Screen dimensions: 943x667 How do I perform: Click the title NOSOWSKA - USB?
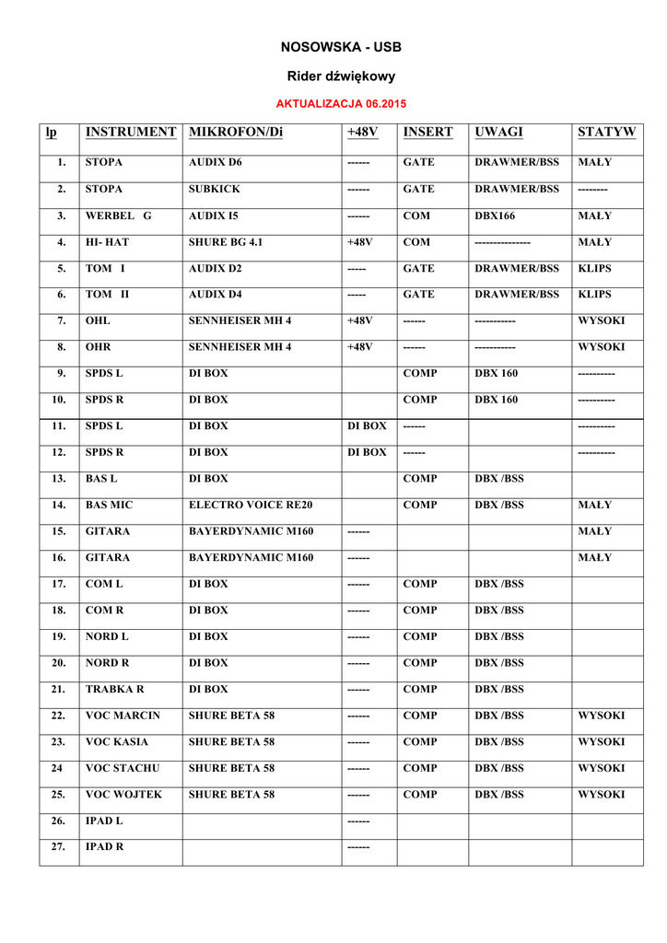pyautogui.click(x=341, y=46)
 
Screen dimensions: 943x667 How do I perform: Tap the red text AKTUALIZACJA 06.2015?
pyautogui.click(x=341, y=103)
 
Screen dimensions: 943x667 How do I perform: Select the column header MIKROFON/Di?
pyautogui.click(x=236, y=133)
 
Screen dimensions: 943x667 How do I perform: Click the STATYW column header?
pyautogui.click(x=606, y=133)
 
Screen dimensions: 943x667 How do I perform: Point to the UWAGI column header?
pyautogui.click(x=498, y=133)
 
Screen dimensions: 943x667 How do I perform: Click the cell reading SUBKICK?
pyautogui.click(x=215, y=190)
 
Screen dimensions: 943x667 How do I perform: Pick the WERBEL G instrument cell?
pyautogui.click(x=118, y=215)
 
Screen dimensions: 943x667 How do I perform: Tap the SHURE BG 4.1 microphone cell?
pyautogui.click(x=226, y=242)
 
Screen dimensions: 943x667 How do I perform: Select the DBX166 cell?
pyautogui.click(x=496, y=215)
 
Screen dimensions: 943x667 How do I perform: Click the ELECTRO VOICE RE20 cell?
pyautogui.click(x=250, y=505)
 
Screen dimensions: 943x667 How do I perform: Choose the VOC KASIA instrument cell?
pyautogui.click(x=117, y=741)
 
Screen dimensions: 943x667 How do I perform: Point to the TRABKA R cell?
pyautogui.click(x=115, y=689)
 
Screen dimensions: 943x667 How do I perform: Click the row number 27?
pyautogui.click(x=60, y=846)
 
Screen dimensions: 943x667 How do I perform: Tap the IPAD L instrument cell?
pyautogui.click(x=104, y=820)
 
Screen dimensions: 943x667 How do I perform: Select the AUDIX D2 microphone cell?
pyautogui.click(x=216, y=269)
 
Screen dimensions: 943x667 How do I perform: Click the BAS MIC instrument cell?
pyautogui.click(x=109, y=505)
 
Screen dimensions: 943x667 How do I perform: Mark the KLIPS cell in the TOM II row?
pyautogui.click(x=594, y=295)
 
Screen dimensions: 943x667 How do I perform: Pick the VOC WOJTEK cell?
pyautogui.click(x=123, y=794)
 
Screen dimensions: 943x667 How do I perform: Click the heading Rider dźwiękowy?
pyautogui.click(x=341, y=76)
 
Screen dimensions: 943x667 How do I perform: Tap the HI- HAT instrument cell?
pyautogui.click(x=107, y=242)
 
